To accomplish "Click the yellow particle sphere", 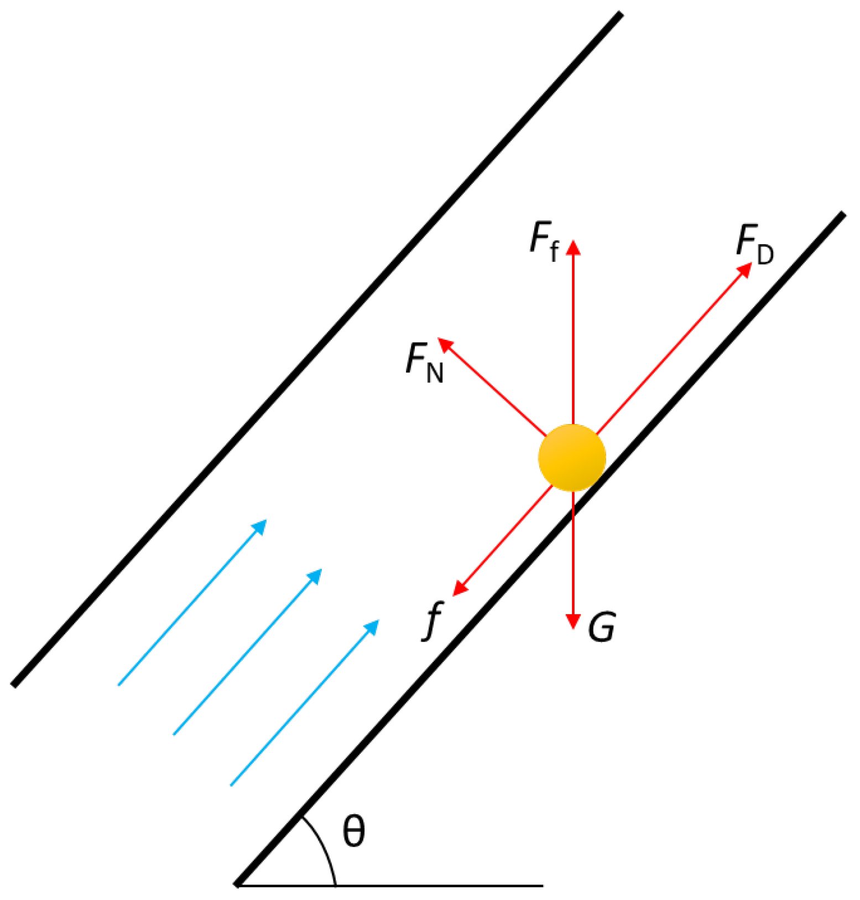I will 572,458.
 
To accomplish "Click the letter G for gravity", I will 602,627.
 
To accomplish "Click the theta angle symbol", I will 354,831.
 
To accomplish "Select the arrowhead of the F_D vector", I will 746,269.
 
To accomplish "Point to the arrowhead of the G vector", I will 574,622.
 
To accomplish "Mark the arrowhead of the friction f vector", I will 460,589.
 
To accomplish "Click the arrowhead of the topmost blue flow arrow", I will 260,526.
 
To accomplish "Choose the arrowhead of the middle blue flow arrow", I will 315,576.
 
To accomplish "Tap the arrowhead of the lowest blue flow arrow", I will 372,627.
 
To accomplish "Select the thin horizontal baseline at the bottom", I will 442,886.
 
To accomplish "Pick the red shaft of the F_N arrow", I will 492,387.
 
